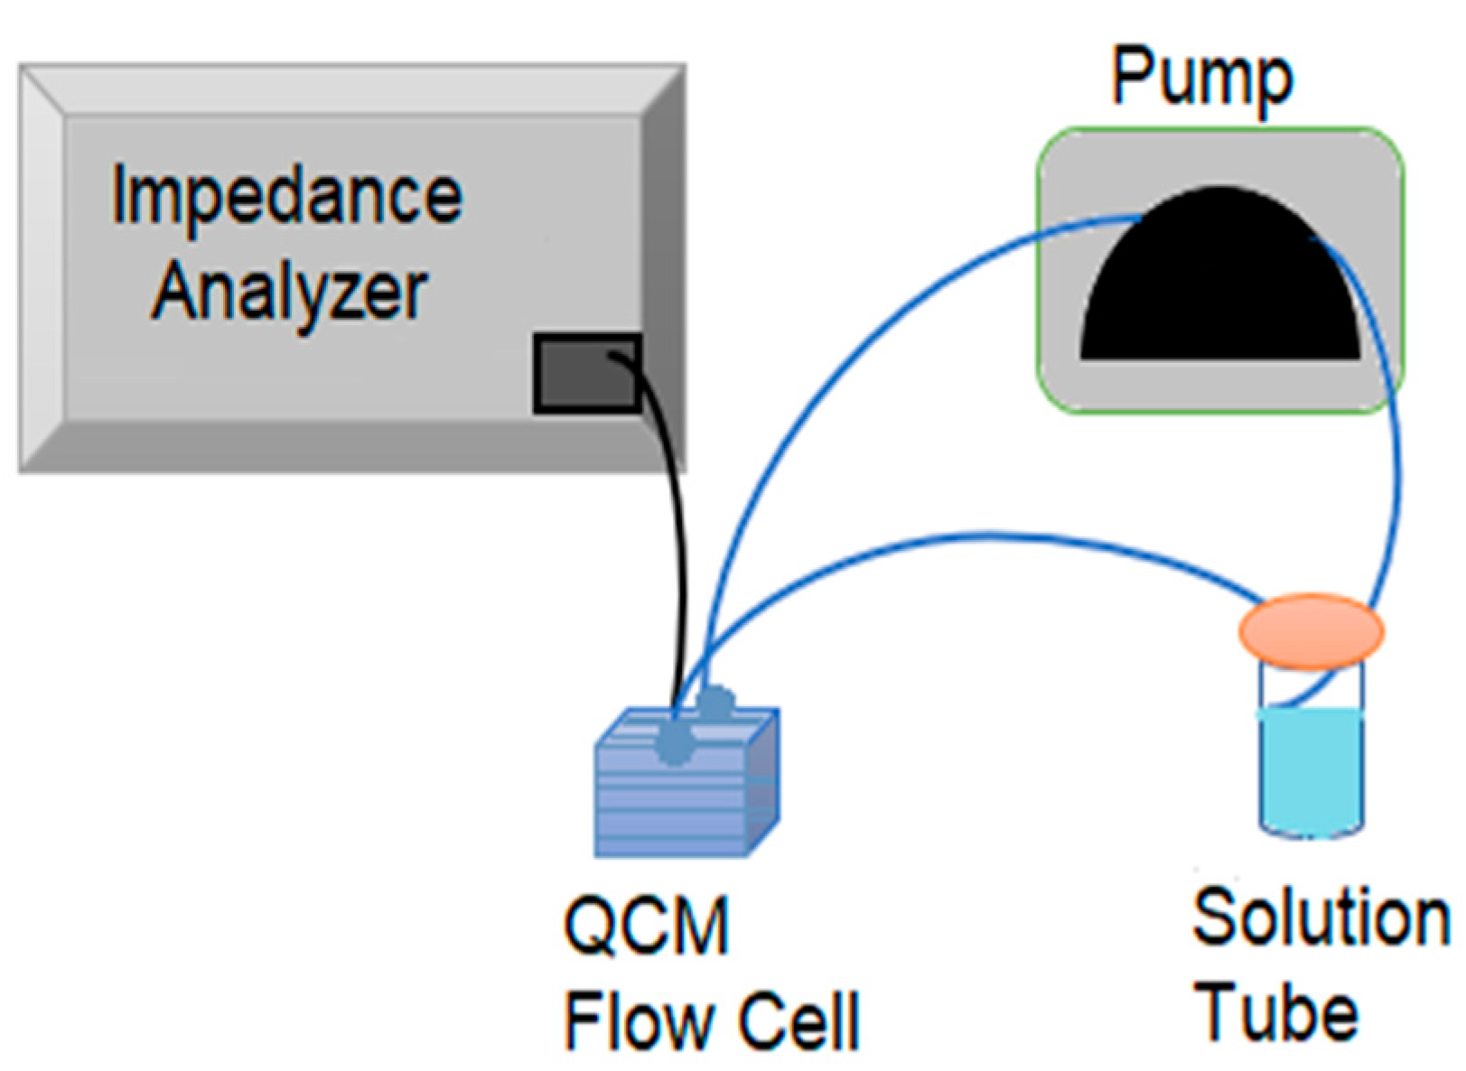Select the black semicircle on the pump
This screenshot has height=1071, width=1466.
coord(1220,274)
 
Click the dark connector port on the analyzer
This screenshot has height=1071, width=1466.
coord(587,373)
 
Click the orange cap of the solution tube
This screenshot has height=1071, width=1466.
coord(1311,630)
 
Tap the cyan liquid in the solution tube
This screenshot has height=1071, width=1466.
coord(1311,773)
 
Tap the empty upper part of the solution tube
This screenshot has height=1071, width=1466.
coord(1312,688)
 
